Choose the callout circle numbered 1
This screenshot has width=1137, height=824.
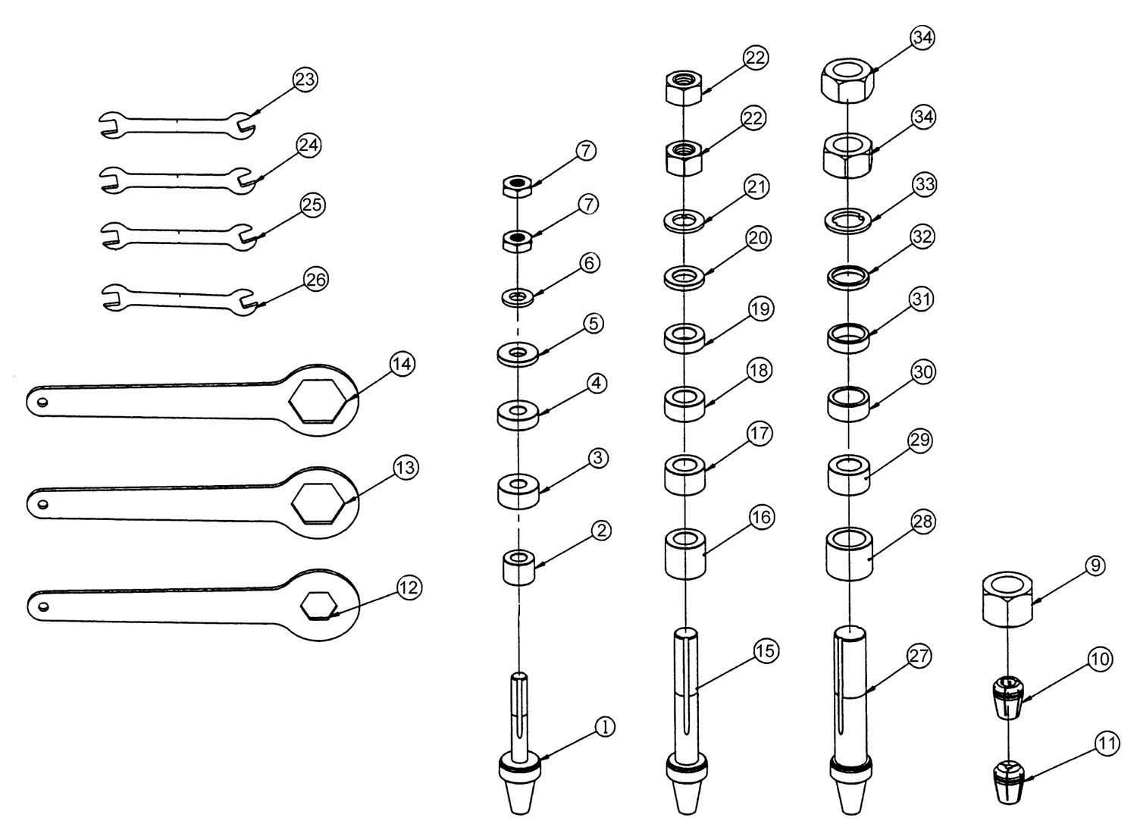click(605, 726)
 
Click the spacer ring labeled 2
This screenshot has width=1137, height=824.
click(518, 567)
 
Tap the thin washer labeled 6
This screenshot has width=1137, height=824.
click(518, 296)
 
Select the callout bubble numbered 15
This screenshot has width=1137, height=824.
click(765, 651)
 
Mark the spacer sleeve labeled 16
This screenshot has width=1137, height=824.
click(685, 553)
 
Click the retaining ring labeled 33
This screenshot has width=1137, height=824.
click(846, 220)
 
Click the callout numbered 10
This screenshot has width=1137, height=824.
click(1101, 660)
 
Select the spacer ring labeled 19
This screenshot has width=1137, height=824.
click(685, 337)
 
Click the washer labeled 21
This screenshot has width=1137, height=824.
click(684, 220)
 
